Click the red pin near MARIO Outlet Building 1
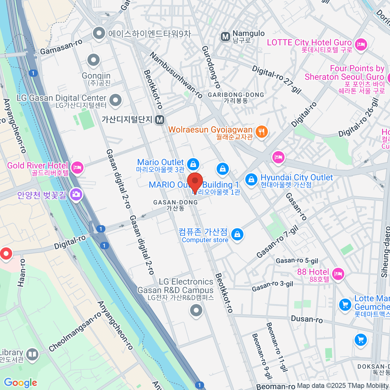pos(195,182)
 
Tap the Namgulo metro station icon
pos(225,37)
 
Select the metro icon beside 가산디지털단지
pos(159,120)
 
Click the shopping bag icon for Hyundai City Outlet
pos(251,179)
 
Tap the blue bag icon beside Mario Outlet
pos(193,164)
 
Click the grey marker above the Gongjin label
pos(94,60)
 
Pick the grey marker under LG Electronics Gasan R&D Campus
pos(196,310)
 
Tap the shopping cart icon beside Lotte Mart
pos(345,305)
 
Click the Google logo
pos(20,383)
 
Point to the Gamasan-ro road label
pos(61,47)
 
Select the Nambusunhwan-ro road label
pos(176,75)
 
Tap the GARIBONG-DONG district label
pos(236,95)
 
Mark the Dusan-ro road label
pos(307,319)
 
